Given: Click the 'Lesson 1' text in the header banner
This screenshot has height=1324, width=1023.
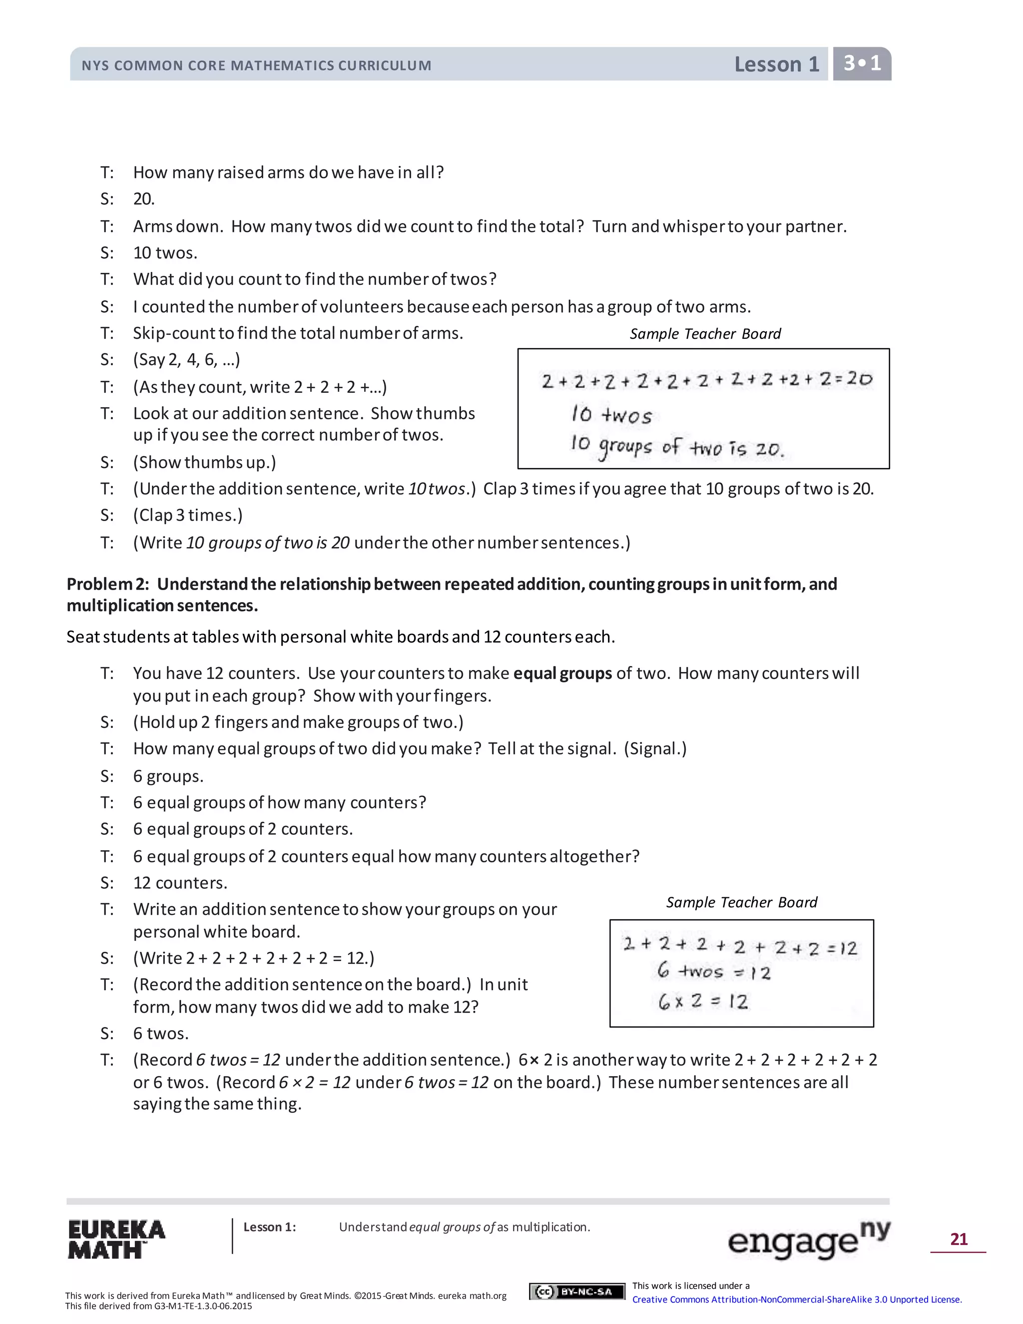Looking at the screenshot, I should (x=776, y=64).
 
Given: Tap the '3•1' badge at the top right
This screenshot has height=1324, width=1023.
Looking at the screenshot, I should (x=862, y=63).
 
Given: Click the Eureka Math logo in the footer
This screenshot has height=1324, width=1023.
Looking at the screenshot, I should (x=116, y=1239).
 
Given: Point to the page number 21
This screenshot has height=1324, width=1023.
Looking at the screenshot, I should (x=958, y=1239).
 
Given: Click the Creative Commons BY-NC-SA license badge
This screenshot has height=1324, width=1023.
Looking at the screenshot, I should (x=576, y=1291).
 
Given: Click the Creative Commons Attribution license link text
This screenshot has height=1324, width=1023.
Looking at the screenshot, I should (x=796, y=1299).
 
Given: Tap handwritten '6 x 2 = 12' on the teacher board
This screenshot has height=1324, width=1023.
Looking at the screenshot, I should (x=703, y=1001).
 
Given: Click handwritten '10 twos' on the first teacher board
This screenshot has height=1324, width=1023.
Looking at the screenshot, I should (x=611, y=415).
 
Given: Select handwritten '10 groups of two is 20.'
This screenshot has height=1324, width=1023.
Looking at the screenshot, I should (x=676, y=447).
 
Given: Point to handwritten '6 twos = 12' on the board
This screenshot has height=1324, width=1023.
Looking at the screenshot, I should (x=713, y=972).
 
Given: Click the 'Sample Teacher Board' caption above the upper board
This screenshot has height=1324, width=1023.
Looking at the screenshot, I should (x=705, y=334).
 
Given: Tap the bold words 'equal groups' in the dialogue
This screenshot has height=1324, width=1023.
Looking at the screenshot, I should (x=562, y=673).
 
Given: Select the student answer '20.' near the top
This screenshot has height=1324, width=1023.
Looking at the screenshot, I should (x=144, y=199).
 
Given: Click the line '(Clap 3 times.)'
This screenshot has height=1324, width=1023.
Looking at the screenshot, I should (x=188, y=515).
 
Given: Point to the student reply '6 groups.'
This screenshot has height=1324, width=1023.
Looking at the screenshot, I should (x=168, y=776).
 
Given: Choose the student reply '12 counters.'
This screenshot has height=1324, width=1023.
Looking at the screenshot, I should (x=180, y=883).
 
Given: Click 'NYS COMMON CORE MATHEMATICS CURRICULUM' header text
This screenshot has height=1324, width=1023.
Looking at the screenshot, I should (x=256, y=65).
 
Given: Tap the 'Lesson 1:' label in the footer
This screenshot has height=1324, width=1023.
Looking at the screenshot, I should (x=270, y=1227).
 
